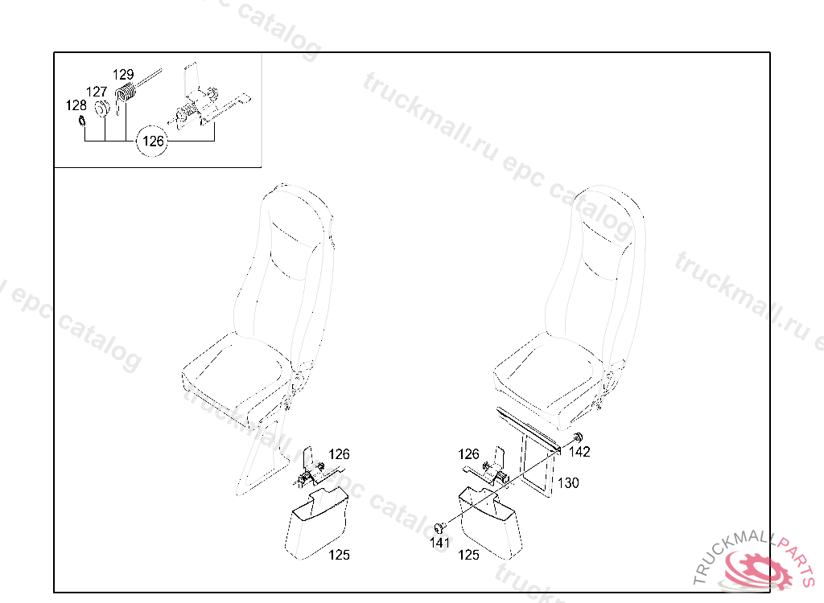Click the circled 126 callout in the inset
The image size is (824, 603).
pyautogui.click(x=153, y=141)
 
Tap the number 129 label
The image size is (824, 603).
pyautogui.click(x=123, y=75)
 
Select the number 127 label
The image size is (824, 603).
pyautogui.click(x=97, y=92)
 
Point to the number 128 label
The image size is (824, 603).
pyautogui.click(x=76, y=105)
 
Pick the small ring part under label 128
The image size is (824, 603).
pyautogui.click(x=81, y=121)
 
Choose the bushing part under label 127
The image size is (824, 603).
pyautogui.click(x=101, y=109)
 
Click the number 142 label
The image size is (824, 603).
pyautogui.click(x=579, y=452)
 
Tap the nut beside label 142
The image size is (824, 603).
pyautogui.click(x=578, y=437)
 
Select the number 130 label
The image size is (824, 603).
pyautogui.click(x=568, y=482)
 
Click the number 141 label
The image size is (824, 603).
pyautogui.click(x=439, y=543)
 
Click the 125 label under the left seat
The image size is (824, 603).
pyautogui.click(x=339, y=555)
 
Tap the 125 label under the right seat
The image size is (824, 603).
pyautogui.click(x=468, y=555)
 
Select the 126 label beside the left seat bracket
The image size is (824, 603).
pyautogui.click(x=339, y=454)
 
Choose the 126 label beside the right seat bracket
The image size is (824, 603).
pyautogui.click(x=468, y=453)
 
